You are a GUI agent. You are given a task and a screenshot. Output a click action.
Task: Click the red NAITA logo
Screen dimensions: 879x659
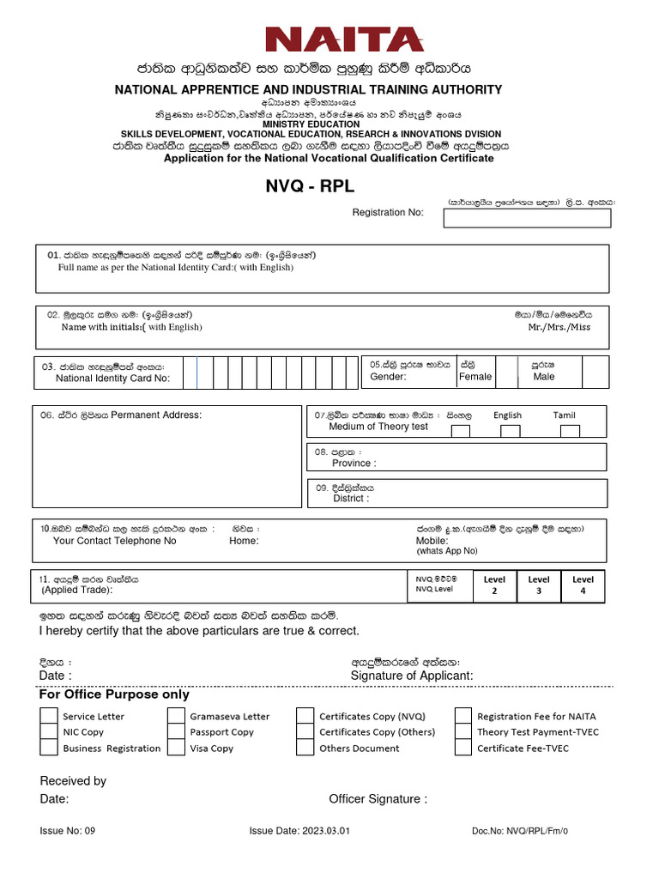(344, 39)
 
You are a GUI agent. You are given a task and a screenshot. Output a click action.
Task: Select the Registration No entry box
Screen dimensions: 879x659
(527, 218)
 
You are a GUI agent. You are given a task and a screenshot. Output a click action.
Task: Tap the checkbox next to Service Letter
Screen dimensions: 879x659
(49, 716)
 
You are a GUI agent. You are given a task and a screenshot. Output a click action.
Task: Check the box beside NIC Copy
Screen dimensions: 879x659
(49, 731)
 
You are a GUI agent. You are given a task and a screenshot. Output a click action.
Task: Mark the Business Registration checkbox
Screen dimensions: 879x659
(49, 748)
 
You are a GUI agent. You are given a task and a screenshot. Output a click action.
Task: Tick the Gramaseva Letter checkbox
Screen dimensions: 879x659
(176, 716)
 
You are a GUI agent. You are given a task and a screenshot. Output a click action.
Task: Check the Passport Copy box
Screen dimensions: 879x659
(176, 731)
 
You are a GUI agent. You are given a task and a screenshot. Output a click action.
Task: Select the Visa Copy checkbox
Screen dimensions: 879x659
(176, 748)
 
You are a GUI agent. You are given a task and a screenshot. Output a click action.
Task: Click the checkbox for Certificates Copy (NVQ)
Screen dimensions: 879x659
(305, 716)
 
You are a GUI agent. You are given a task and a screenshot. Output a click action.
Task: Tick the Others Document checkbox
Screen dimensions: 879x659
(305, 748)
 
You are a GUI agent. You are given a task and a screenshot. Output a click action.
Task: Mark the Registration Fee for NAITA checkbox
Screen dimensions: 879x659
(463, 716)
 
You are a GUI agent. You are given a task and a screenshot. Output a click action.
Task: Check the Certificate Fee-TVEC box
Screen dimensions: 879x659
(463, 748)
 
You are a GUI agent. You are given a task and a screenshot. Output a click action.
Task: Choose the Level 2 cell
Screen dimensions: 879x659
(494, 585)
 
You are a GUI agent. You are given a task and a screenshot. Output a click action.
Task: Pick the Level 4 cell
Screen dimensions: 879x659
(583, 585)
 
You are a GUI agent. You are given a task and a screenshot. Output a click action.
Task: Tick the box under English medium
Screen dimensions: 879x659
(511, 431)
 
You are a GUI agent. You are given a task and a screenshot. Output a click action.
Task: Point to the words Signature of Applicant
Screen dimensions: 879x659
(412, 676)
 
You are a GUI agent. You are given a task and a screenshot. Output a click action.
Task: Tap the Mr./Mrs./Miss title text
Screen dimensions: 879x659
(559, 327)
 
